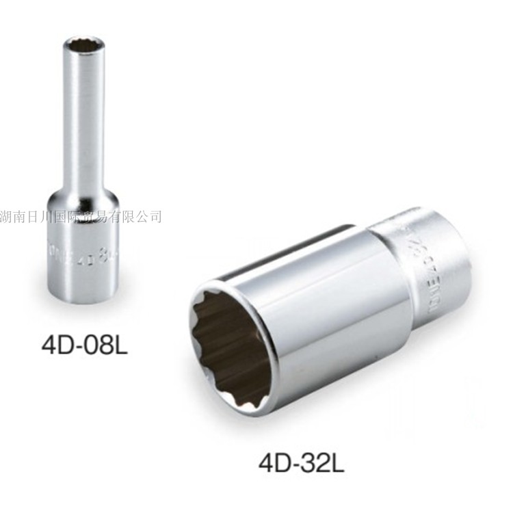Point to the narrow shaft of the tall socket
click(82, 123)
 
